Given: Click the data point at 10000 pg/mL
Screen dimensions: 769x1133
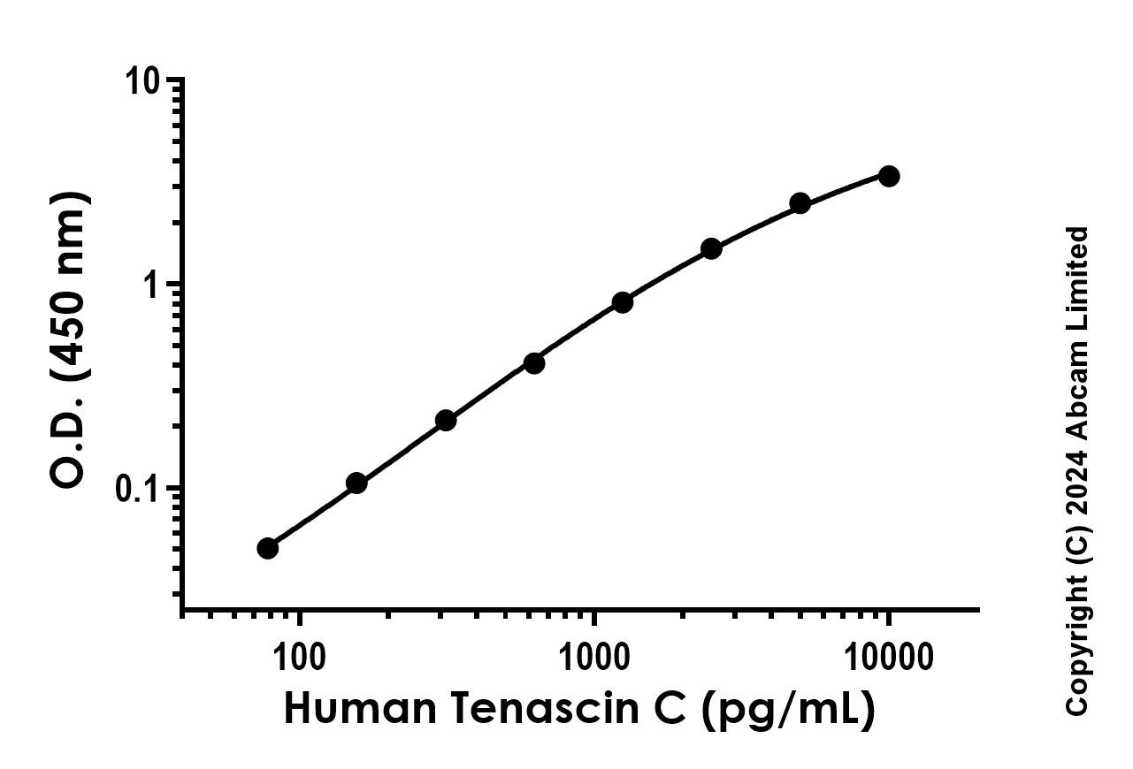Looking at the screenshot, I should tap(889, 176).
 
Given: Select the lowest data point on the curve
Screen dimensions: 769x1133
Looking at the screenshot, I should tap(268, 548).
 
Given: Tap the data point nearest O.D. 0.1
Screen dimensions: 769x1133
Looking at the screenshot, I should tap(356, 483).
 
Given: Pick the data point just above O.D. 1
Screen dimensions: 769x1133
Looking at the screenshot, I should tap(711, 248).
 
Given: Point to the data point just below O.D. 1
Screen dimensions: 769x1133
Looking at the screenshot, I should tap(622, 302).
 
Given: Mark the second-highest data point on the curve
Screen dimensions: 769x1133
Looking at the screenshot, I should tap(800, 203).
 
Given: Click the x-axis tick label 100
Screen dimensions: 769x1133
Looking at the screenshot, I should tap(299, 657).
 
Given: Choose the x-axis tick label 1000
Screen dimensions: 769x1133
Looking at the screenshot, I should tap(593, 657).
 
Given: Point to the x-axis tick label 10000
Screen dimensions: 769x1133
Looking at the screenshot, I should tap(887, 657).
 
